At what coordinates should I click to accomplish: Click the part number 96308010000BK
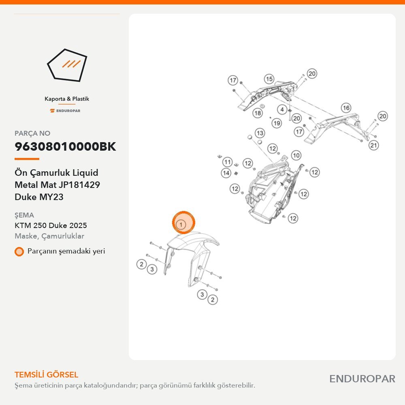[65, 147]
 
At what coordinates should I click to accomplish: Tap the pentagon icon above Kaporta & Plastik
[67, 65]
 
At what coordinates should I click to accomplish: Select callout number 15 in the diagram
[269, 79]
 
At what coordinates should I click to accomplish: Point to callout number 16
[346, 108]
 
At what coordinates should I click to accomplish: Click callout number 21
[373, 145]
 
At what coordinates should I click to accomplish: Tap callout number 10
[296, 155]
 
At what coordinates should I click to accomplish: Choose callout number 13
[260, 133]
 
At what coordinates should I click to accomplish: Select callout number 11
[227, 162]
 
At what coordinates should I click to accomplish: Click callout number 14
[226, 173]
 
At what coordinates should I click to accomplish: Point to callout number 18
[258, 113]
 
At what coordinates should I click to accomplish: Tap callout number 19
[277, 123]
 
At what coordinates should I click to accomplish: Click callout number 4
[282, 109]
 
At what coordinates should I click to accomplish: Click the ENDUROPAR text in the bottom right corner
[362, 379]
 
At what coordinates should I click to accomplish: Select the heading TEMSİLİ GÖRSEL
[47, 375]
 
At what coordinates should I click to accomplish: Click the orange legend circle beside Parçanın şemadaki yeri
[19, 252]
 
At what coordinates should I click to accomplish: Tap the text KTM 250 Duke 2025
[51, 225]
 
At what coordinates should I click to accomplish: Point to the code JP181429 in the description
[79, 185]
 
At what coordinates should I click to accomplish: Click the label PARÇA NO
[32, 133]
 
